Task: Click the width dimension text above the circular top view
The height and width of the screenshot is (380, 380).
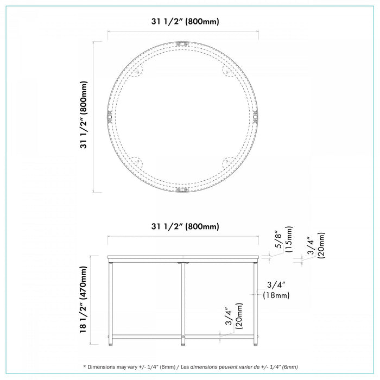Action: point(185,21)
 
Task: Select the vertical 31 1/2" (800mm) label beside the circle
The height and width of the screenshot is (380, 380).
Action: point(84,115)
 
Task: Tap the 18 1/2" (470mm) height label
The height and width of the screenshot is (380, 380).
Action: point(83,299)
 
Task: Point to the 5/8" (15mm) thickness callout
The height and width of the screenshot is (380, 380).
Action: point(283,239)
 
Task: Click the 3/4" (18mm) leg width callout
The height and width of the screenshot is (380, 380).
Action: point(276,290)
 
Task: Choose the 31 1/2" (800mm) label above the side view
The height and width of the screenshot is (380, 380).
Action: point(185,226)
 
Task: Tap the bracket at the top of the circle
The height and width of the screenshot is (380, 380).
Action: point(182,45)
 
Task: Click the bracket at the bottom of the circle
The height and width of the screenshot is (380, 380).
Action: point(182,189)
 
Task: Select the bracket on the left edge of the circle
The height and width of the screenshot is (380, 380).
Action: point(110,117)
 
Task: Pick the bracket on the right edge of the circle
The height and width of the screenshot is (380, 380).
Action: point(255,117)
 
